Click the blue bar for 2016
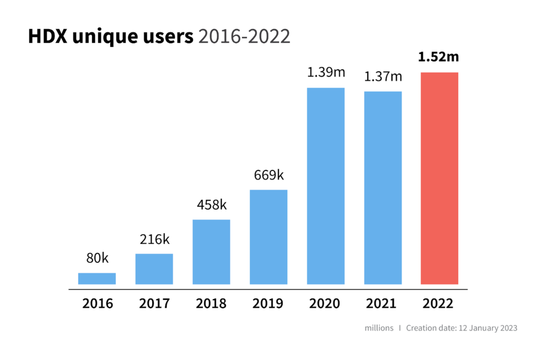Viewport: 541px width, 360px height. point(97,278)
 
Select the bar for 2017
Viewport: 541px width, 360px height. point(154,269)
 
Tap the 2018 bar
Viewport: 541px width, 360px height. point(211,252)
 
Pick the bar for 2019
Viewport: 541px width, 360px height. point(268,237)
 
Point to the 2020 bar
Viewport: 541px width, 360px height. point(325,186)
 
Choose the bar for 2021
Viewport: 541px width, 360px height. point(383,188)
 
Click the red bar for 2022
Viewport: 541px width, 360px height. point(440,178)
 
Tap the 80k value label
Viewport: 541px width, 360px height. point(97,258)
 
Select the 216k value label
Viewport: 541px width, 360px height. point(154,239)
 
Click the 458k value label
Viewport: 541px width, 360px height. point(211,205)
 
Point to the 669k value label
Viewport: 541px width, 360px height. point(268,175)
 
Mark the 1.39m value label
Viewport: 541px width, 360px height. point(325,73)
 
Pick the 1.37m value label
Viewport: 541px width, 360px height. point(383,77)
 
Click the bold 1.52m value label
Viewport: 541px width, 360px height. point(439,56)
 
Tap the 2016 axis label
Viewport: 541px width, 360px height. point(97,304)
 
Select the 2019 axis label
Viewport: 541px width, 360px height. point(268,304)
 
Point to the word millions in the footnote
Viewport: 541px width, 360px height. point(379,328)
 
